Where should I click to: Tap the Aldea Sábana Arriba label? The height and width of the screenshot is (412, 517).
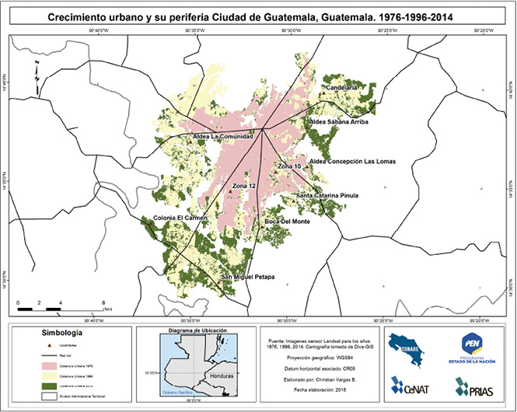coord(338,122)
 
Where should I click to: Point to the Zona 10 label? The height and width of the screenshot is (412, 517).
coord(289,166)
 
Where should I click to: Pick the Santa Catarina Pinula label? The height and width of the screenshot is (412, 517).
coord(327,195)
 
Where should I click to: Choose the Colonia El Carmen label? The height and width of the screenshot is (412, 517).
coord(180,218)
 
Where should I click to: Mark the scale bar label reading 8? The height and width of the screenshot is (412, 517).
coord(103,301)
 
